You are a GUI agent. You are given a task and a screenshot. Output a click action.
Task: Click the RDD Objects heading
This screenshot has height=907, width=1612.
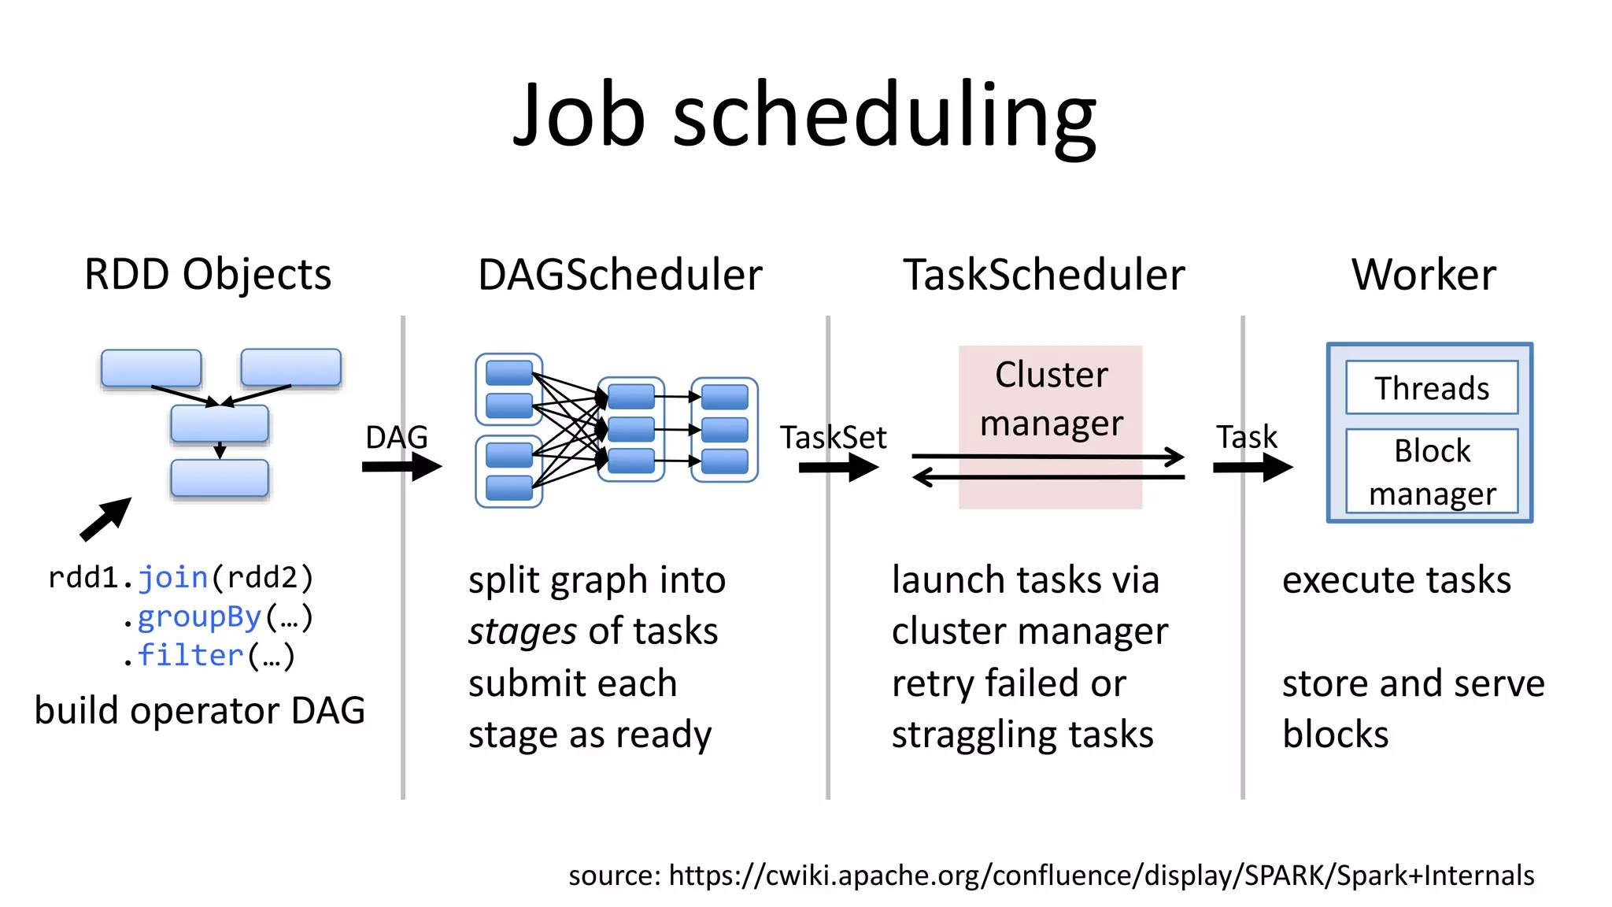[208, 275]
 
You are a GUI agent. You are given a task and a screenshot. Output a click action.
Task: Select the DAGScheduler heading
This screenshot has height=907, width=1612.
[619, 275]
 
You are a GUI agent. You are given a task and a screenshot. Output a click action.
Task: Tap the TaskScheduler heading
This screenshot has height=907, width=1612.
[1043, 275]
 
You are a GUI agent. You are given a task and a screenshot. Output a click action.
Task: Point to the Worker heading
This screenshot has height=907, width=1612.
[1423, 275]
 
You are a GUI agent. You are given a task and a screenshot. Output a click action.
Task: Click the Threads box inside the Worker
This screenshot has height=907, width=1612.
[1431, 388]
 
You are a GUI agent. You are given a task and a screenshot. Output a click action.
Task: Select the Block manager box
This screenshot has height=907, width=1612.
[1431, 472]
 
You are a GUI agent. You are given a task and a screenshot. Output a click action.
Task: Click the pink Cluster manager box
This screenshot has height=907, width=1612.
[1050, 398]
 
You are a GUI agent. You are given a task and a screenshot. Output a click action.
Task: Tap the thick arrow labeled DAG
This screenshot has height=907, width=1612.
[401, 467]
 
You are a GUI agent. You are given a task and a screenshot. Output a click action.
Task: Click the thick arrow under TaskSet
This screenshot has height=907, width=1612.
[837, 468]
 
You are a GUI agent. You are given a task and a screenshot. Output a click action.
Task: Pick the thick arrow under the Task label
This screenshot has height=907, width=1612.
[1252, 468]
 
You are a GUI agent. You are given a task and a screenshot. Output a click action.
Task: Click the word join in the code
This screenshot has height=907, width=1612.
[173, 578]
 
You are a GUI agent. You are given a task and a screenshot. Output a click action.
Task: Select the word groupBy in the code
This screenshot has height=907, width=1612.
[199, 617]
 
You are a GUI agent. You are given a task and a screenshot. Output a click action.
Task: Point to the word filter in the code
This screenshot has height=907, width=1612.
[190, 656]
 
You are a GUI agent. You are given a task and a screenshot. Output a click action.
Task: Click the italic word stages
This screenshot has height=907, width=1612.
[523, 632]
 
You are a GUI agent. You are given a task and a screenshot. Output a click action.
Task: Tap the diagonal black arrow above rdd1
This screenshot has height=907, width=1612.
[106, 519]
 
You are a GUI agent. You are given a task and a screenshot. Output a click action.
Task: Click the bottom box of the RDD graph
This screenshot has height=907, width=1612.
[220, 479]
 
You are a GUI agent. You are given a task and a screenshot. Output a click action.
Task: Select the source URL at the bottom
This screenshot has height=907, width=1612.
[1051, 876]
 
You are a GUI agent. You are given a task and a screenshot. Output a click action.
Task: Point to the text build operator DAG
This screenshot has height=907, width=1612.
[200, 711]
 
